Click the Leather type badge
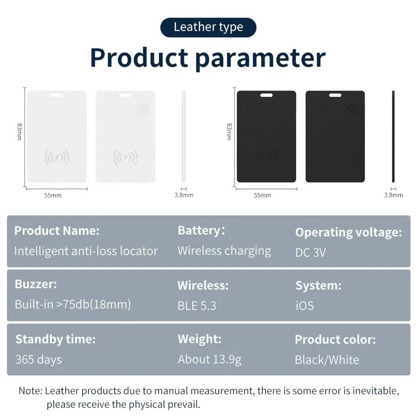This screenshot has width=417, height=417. pos(208,27)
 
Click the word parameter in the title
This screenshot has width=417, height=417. pos(260,58)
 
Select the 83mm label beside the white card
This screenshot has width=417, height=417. pos(19,132)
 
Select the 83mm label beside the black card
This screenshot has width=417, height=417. pos(229,132)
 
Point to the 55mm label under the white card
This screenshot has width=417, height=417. pos(53,195)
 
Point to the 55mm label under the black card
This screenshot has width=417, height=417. pos(262,195)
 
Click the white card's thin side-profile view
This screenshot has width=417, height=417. pos(184,136)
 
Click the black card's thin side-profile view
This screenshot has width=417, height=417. pos(393,136)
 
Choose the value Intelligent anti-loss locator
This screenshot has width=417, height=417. pos(86,251)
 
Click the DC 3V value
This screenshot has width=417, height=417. pos(310,253)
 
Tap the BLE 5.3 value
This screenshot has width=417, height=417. pos(196,306)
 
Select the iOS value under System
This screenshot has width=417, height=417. pos(304,306)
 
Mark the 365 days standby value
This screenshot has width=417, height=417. pos(38,360)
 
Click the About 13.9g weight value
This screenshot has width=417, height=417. pos(209,360)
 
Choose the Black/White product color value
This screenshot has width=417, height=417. pos(327,360)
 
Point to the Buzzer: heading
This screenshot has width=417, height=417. pos(36,284)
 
